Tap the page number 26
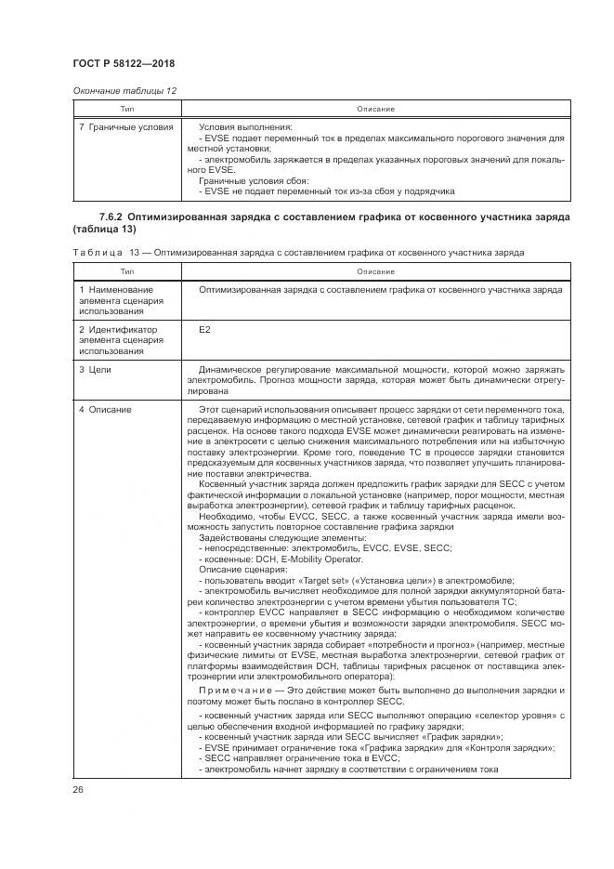point(78,789)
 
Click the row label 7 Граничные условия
point(126,126)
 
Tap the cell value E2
point(204,330)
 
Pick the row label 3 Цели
point(95,370)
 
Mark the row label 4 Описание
point(105,409)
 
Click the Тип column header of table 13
point(126,271)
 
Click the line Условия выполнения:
point(245,126)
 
